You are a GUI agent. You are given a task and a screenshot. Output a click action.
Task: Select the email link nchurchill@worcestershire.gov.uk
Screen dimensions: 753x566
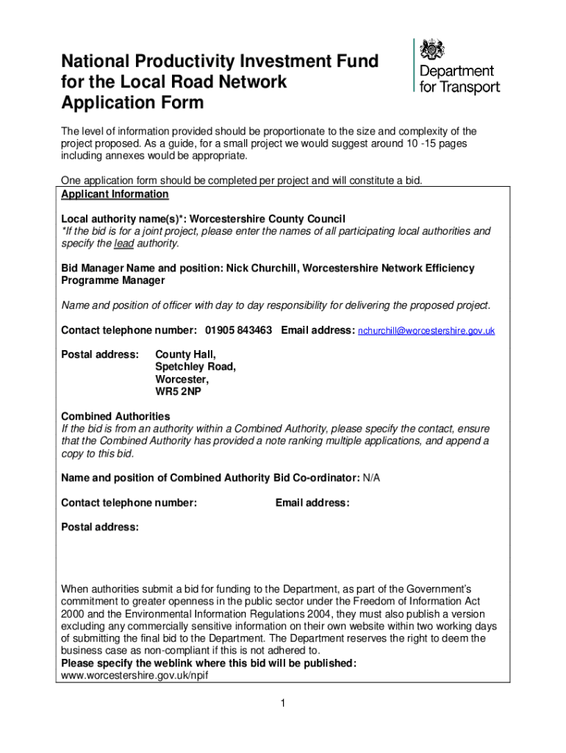pos(426,331)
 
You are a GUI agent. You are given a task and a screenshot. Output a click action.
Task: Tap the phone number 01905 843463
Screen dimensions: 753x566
pos(239,330)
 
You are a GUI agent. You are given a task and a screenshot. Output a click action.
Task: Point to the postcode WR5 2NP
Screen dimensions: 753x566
pos(178,391)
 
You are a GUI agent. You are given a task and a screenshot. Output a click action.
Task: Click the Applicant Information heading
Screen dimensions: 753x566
pos(115,194)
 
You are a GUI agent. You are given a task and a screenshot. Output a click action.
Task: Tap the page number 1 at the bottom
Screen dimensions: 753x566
pos(282,704)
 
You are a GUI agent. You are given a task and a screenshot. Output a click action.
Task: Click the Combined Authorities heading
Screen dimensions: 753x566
pos(115,416)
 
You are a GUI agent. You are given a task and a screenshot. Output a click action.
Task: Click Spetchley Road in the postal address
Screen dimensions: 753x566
pos(196,366)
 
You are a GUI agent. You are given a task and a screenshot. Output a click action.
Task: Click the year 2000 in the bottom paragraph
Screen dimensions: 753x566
pos(74,614)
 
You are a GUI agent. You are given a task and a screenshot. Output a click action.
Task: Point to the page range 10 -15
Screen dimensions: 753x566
pos(419,143)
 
